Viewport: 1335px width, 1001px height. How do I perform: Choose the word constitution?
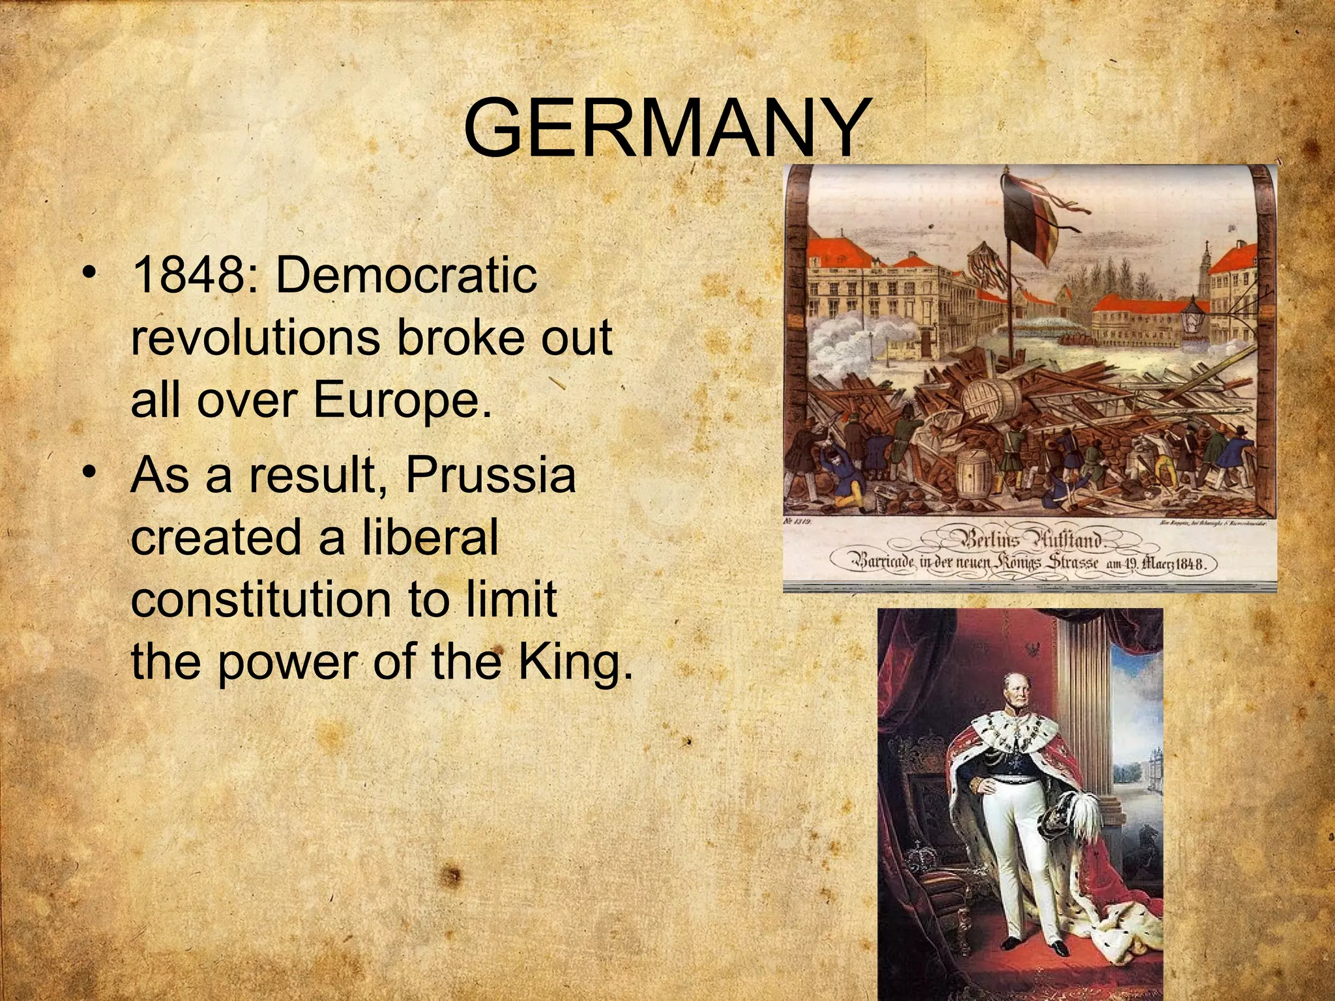click(261, 600)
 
